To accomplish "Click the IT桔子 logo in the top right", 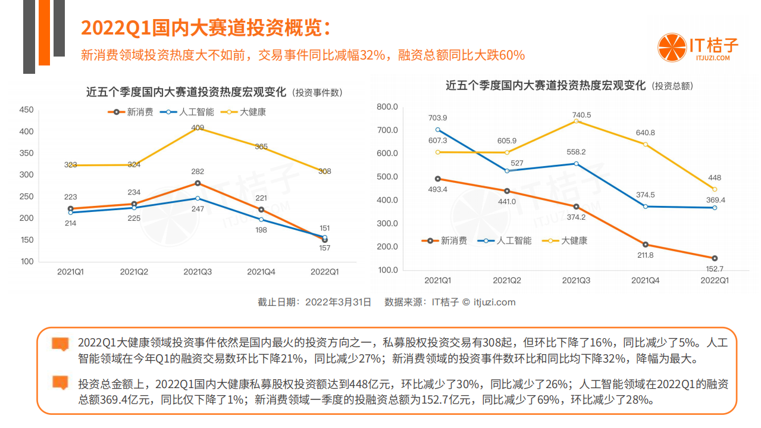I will tap(698, 47).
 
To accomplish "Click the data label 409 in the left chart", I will tap(198, 127).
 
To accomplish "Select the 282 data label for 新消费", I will tap(198, 171).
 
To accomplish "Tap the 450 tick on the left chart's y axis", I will tap(27, 110).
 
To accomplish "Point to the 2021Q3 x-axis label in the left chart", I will tap(197, 271).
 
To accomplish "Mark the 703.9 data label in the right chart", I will tap(437, 118).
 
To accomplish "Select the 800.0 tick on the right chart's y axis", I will tap(387, 107).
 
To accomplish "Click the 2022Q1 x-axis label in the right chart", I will tap(714, 280).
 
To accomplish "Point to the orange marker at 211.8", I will tap(645, 245).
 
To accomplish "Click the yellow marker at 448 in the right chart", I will tap(715, 189).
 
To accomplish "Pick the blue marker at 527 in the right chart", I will tap(507, 171).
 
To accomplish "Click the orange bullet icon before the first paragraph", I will tap(60, 344).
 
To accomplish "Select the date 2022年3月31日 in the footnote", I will tap(338, 302).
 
